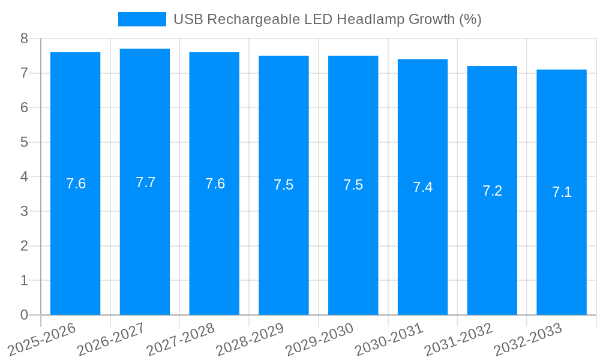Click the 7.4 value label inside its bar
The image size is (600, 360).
tap(422, 187)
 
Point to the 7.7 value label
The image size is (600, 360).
tap(145, 182)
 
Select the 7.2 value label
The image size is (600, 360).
tap(492, 191)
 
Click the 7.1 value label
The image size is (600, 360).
tap(562, 192)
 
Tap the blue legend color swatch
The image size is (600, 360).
tap(142, 19)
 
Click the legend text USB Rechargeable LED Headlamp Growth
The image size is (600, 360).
tap(327, 19)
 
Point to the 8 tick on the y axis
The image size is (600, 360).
tap(24, 38)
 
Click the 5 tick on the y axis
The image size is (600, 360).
tap(24, 142)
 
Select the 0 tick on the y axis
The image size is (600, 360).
tap(24, 315)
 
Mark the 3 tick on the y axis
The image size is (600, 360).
tap(24, 211)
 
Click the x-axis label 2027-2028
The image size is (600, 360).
tap(181, 339)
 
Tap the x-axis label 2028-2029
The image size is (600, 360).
tap(250, 339)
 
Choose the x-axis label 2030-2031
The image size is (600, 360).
tap(389, 339)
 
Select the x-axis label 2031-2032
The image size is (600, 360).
tap(458, 339)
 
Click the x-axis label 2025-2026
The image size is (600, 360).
tap(41, 339)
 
